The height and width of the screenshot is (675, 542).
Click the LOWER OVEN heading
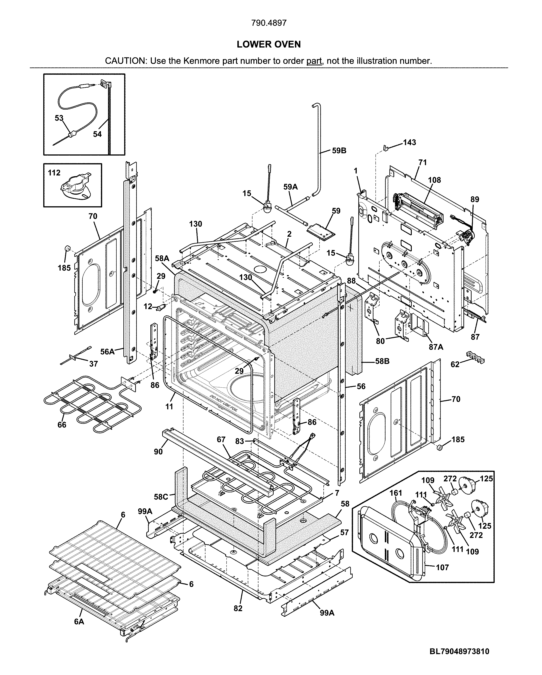pyautogui.click(x=269, y=44)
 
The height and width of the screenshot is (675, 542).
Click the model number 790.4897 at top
pyautogui.click(x=269, y=23)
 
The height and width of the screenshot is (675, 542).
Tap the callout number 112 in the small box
pyautogui.click(x=54, y=173)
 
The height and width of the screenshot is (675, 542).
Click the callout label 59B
pyautogui.click(x=339, y=151)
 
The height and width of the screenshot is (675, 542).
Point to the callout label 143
pyautogui.click(x=409, y=142)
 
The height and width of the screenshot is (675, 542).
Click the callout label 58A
pyautogui.click(x=162, y=259)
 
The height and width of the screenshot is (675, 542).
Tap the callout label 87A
pyautogui.click(x=436, y=347)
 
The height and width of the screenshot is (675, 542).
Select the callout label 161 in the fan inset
pyautogui.click(x=396, y=493)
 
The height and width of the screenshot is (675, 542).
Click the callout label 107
pyautogui.click(x=442, y=567)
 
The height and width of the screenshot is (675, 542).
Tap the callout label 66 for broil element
pyautogui.click(x=62, y=425)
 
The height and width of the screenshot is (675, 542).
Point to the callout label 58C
pyautogui.click(x=161, y=497)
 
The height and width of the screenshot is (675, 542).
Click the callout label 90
pyautogui.click(x=159, y=452)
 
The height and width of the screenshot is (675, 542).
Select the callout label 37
pyautogui.click(x=93, y=364)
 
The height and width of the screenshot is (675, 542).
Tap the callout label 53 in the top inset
pyautogui.click(x=59, y=118)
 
